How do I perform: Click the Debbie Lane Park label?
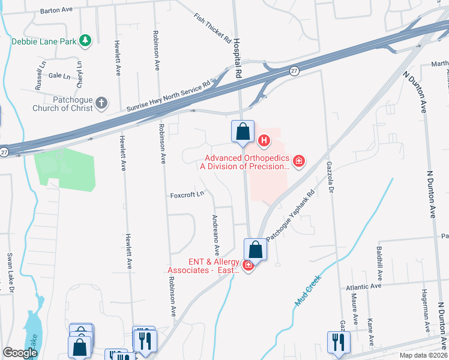(x=45, y=41)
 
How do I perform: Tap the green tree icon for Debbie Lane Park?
(x=86, y=40)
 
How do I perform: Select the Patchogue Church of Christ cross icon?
(x=101, y=103)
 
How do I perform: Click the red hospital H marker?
(x=263, y=142)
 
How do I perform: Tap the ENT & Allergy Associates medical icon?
(x=248, y=265)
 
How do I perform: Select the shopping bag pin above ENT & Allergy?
(x=255, y=250)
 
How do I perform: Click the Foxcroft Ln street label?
(x=187, y=194)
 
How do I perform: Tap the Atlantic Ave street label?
(x=364, y=287)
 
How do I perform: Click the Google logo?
(x=20, y=353)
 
